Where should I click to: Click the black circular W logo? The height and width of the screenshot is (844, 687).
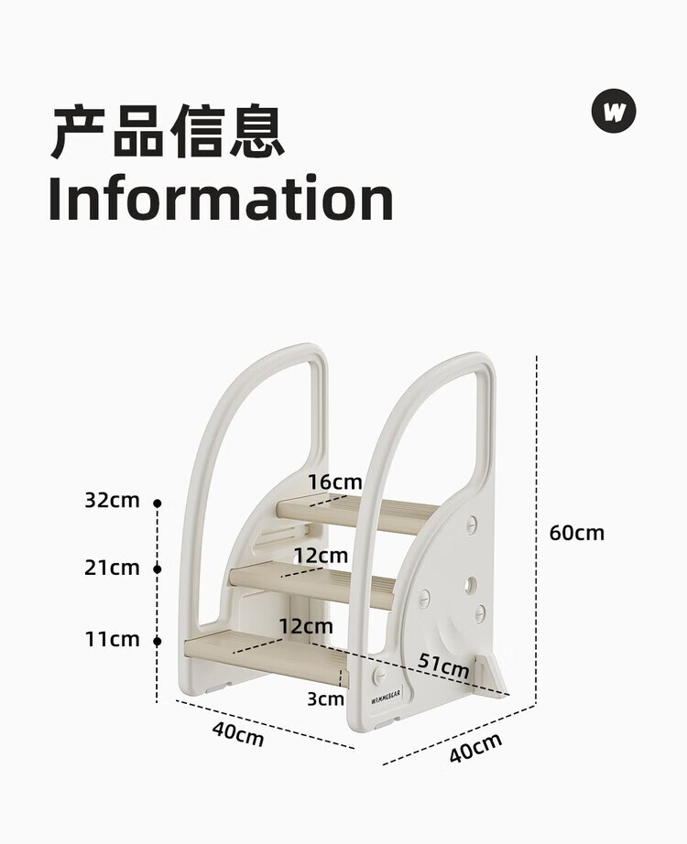point(613,113)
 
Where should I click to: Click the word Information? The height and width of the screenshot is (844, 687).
point(221,199)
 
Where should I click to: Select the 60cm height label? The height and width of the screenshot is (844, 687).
point(577,532)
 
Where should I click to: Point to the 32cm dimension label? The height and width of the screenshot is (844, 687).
point(112,500)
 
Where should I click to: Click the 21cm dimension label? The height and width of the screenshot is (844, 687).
point(112,568)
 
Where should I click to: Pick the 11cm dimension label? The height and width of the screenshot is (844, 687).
point(112,639)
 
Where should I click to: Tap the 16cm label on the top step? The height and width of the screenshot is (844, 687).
point(334,482)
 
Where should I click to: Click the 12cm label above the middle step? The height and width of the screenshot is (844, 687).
point(321,555)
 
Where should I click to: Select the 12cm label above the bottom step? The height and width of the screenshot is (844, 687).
point(306,626)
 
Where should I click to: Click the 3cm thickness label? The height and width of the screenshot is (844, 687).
point(325,699)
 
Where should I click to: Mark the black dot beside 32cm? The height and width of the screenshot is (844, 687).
point(158,503)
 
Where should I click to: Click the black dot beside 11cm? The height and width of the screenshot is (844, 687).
point(158,641)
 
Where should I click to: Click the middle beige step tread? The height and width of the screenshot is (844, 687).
point(311,582)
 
